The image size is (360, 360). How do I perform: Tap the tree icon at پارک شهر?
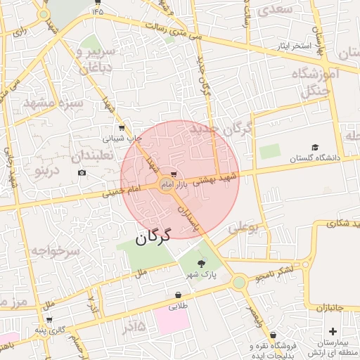pyautogui.click(x=202, y=264)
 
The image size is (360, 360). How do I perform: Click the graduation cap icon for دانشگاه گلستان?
pyautogui.click(x=315, y=147)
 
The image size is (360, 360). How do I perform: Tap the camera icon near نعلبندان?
pyautogui.click(x=82, y=173)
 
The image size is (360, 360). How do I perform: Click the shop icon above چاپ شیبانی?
pyautogui.click(x=122, y=128)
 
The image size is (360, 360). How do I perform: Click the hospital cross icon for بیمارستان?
pyautogui.click(x=333, y=330)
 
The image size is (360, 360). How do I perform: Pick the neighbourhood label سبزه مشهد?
pyautogui.click(x=53, y=103)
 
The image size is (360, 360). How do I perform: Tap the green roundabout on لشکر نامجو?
pyautogui.click(x=239, y=282)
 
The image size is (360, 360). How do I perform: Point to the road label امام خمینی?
pyautogui.click(x=126, y=190)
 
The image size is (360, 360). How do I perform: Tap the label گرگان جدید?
pyautogui.click(x=227, y=129)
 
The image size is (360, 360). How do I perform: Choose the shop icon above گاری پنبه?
pyautogui.click(x=49, y=319)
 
